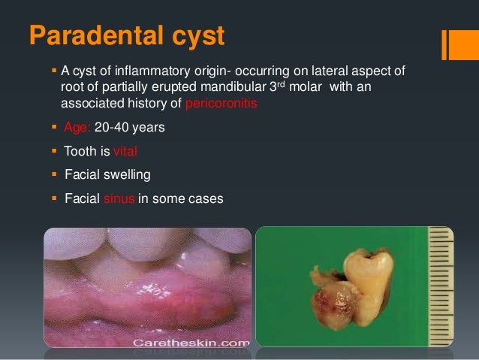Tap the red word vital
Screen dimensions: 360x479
point(125,151)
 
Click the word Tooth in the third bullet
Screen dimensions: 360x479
point(80,151)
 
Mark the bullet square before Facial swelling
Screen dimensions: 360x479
point(53,175)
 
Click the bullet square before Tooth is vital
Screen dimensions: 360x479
point(53,151)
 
